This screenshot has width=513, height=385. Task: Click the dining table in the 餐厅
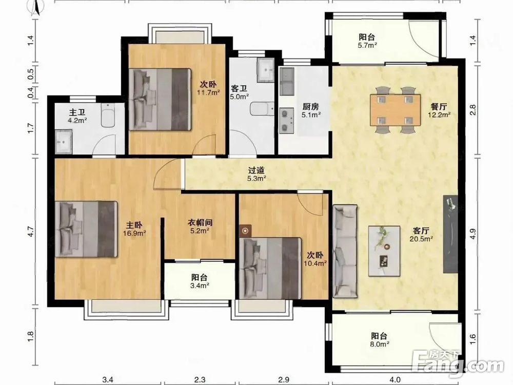click(x=395, y=110)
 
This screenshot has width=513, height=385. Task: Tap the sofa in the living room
click(x=345, y=252)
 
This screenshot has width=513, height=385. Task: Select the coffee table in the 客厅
click(x=384, y=251)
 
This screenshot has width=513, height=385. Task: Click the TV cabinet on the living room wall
click(x=450, y=234)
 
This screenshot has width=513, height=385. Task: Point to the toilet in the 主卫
click(x=108, y=115)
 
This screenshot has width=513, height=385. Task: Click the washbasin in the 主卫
click(x=64, y=142)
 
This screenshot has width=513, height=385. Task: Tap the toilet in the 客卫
click(x=262, y=109)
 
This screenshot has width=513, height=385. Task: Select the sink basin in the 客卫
click(x=265, y=70)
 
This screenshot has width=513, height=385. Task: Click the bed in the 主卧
click(x=86, y=229)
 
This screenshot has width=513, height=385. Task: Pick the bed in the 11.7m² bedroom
click(x=160, y=99)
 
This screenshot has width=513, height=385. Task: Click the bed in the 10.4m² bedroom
click(x=270, y=268)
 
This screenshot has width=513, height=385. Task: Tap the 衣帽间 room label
click(x=200, y=223)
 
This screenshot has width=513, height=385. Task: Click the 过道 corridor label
click(x=256, y=170)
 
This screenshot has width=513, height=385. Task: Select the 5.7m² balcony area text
click(x=367, y=46)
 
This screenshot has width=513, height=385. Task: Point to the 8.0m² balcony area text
click(x=380, y=344)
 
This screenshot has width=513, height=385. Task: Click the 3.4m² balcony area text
click(x=200, y=285)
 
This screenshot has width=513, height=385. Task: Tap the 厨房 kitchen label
click(x=310, y=106)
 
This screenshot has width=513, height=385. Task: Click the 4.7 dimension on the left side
click(x=30, y=232)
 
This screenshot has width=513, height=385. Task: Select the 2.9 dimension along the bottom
click(x=284, y=379)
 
